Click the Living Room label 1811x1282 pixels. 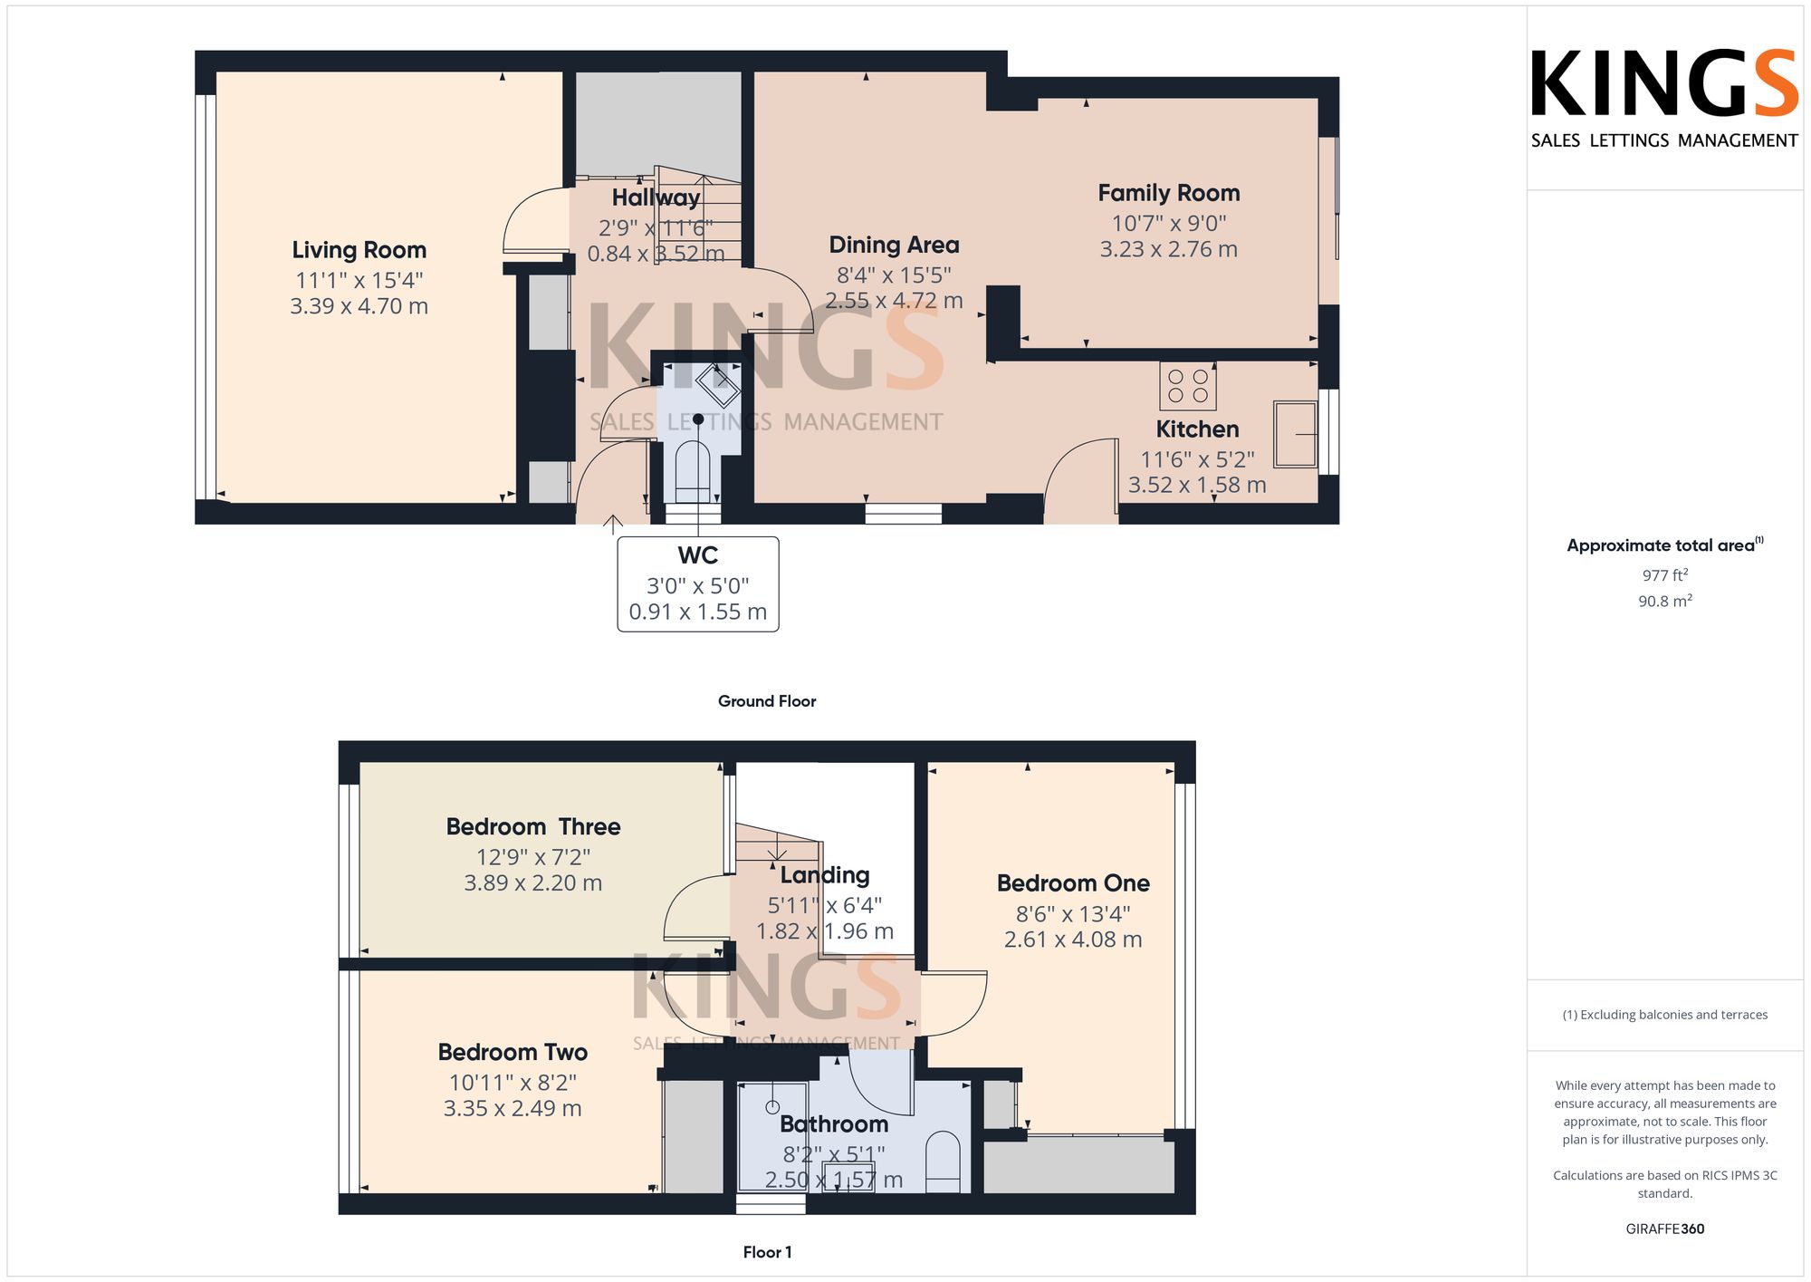(x=359, y=250)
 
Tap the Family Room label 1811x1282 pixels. (x=1169, y=193)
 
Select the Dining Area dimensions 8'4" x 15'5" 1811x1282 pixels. (x=894, y=275)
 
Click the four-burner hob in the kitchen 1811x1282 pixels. (x=1188, y=386)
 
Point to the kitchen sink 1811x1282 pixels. (x=1295, y=435)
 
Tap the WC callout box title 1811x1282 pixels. (x=698, y=555)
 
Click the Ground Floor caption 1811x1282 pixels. (x=767, y=701)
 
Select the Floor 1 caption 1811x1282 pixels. (x=767, y=1252)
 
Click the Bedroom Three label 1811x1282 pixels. (x=533, y=826)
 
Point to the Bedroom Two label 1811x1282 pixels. (x=513, y=1052)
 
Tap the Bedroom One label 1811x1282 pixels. (x=1073, y=883)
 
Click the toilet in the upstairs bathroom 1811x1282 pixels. (x=943, y=1162)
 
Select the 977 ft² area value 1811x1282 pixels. (x=1665, y=575)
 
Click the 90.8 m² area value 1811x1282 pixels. (x=1665, y=601)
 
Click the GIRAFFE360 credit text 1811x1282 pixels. (x=1665, y=1229)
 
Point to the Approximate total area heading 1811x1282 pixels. (x=1665, y=545)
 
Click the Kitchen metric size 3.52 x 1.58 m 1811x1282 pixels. (x=1197, y=486)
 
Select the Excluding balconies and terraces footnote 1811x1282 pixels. (x=1665, y=1015)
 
